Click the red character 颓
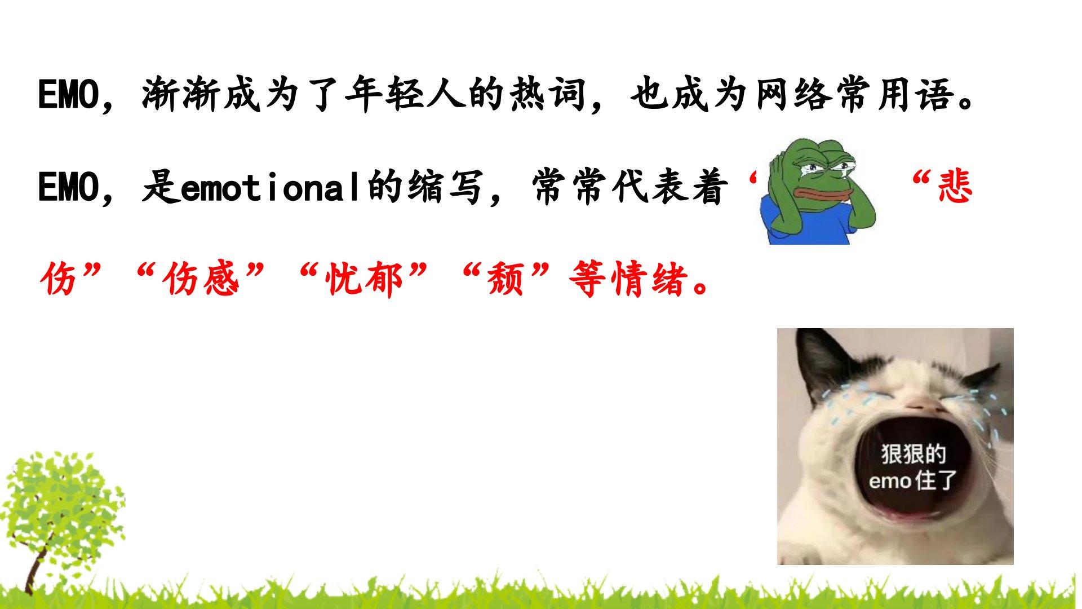(506, 279)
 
